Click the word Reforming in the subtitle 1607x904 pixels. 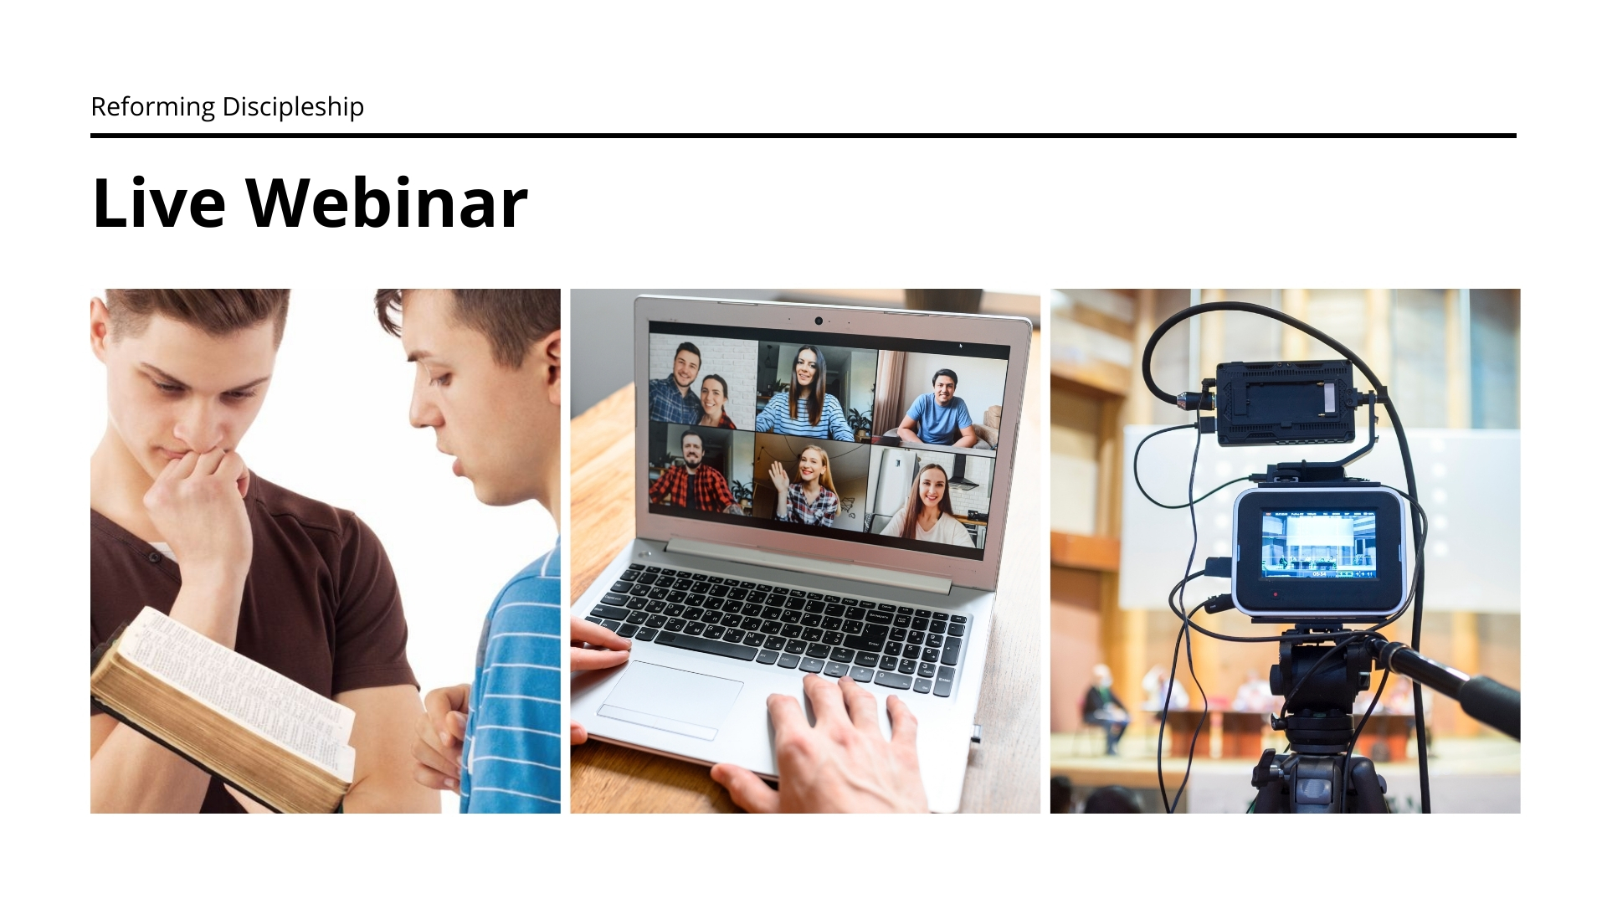[x=153, y=107]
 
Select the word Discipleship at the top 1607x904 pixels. [x=293, y=107]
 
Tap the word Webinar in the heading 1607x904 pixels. [x=387, y=203]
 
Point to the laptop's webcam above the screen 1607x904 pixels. [x=819, y=321]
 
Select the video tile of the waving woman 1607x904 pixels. [x=810, y=482]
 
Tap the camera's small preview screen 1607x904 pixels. [x=1319, y=545]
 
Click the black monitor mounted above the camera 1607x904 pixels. [x=1285, y=403]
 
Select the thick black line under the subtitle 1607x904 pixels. [x=803, y=136]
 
